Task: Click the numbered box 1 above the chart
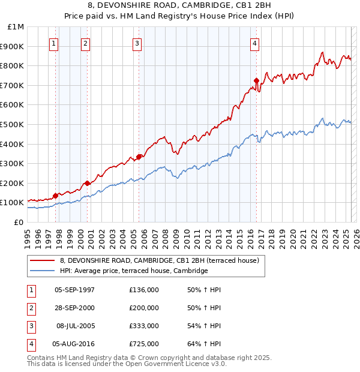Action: coord(54,43)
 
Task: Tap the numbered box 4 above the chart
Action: coord(255,43)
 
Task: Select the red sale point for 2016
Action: coord(256,80)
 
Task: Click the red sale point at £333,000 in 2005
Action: coord(139,157)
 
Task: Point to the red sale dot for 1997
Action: coord(55,195)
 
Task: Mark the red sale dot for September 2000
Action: coord(88,182)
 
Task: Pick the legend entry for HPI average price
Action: coord(134,271)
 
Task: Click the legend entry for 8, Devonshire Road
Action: coord(159,260)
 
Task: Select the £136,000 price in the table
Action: coord(144,290)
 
